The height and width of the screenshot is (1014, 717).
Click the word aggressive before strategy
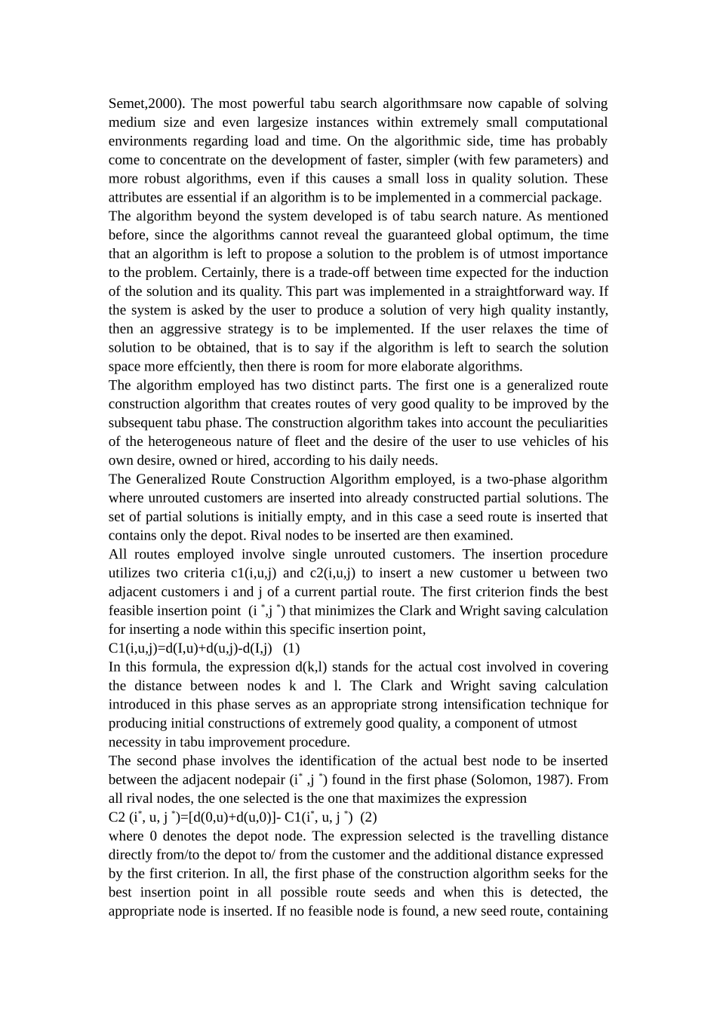pos(197,330)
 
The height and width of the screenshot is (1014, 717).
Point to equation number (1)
pos(291,649)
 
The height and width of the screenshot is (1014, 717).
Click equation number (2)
pos(368,818)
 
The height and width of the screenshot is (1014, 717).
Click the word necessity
pos(136,742)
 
